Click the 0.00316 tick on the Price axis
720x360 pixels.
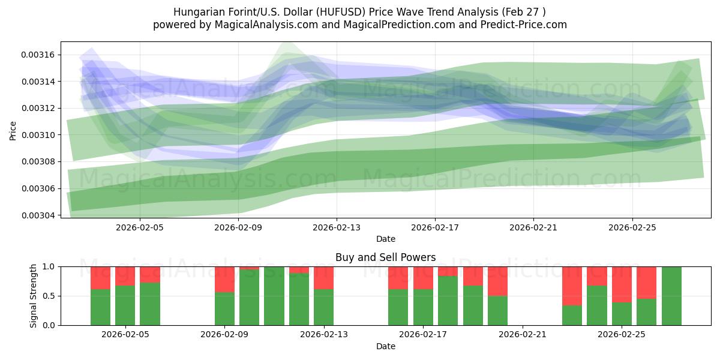(x=38, y=55)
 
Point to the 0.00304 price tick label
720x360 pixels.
(x=38, y=215)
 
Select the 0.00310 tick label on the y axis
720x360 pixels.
(x=38, y=135)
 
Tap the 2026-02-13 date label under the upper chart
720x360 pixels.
(x=337, y=227)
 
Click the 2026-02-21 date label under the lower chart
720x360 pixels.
(x=523, y=335)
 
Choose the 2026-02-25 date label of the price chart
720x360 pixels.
(x=632, y=227)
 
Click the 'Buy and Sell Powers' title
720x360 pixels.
(x=385, y=257)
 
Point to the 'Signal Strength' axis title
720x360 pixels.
(x=33, y=296)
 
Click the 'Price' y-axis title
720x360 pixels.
(x=13, y=131)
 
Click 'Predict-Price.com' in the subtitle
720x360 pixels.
(x=524, y=25)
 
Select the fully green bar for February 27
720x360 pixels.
(x=671, y=296)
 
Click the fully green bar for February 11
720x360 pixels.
(x=274, y=296)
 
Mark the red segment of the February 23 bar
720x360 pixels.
(x=572, y=286)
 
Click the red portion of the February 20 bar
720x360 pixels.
(x=497, y=281)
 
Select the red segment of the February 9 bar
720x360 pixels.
(x=224, y=280)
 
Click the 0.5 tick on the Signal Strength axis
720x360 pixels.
(x=49, y=296)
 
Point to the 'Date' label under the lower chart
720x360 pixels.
(x=386, y=346)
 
